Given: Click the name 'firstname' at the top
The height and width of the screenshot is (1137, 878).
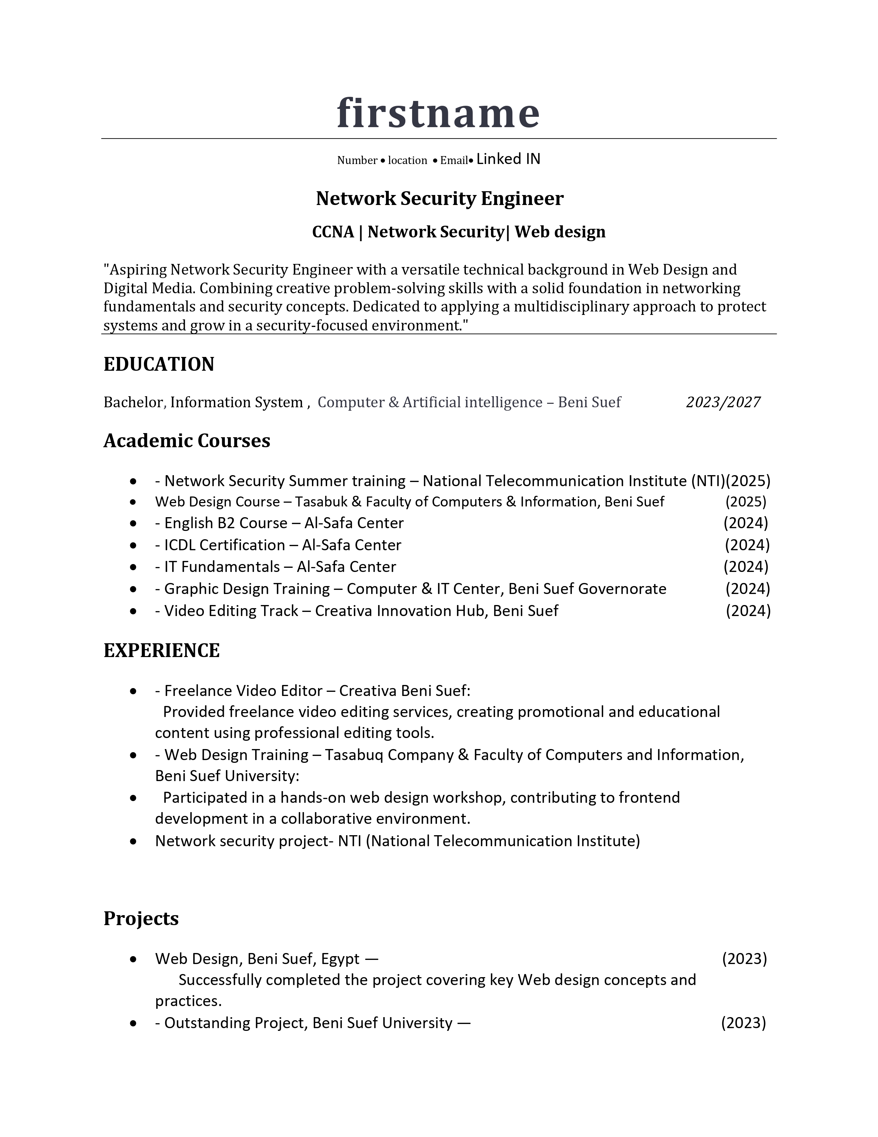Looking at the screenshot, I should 438,113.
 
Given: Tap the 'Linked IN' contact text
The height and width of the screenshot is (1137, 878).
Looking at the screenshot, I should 508,159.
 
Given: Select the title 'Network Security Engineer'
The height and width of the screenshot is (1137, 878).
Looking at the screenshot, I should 440,198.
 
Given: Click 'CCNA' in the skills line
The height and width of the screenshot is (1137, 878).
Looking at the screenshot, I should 333,232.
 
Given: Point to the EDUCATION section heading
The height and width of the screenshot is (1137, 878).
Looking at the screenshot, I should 159,364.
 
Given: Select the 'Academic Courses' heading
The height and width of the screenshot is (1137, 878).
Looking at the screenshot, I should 187,440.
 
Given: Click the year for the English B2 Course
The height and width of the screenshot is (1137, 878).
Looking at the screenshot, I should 745,523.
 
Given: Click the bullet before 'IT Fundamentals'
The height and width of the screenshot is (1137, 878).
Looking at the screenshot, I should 134,567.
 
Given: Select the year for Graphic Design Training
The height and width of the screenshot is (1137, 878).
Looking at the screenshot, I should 748,589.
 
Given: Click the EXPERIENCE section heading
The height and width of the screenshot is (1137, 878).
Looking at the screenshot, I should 162,650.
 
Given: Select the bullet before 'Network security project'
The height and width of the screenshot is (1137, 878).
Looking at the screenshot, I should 134,841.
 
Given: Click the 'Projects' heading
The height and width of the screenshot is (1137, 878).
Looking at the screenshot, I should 141,918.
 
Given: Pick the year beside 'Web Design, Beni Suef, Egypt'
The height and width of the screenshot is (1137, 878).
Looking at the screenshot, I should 744,959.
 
